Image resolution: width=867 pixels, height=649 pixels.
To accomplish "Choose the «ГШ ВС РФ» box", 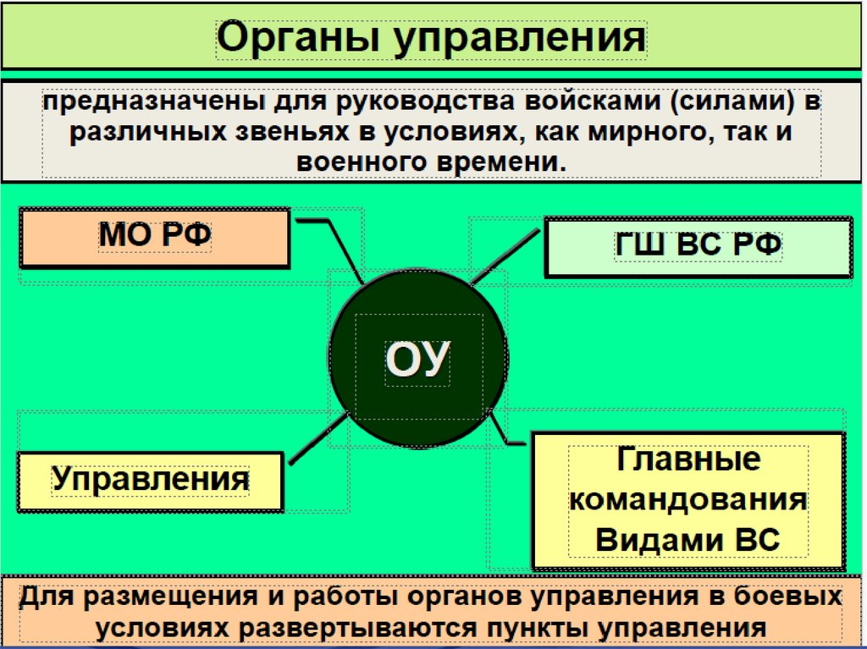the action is click(x=698, y=246).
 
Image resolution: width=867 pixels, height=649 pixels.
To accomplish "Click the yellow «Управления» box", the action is click(x=151, y=480).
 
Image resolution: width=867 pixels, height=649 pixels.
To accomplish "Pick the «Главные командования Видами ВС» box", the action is click(x=688, y=500).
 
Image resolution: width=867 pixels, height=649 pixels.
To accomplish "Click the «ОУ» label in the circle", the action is click(x=417, y=360).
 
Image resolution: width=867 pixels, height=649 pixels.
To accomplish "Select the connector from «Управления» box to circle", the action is click(x=318, y=437).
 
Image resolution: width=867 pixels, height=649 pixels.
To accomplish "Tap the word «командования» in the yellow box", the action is click(x=688, y=499).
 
